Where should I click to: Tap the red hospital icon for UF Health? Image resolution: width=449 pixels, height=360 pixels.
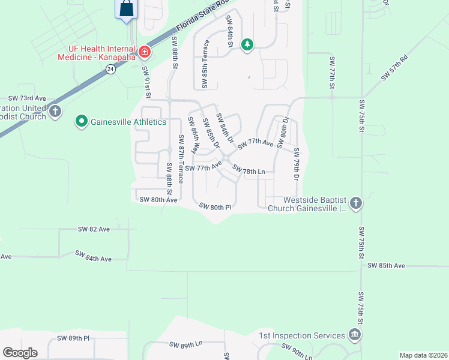[144, 52]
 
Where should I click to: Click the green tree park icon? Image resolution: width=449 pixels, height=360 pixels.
[247, 44]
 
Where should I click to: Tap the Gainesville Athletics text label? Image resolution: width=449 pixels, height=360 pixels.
[128, 122]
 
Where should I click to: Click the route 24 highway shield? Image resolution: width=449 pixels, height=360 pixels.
[110, 69]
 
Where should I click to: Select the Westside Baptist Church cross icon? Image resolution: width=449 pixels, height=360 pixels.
[355, 203]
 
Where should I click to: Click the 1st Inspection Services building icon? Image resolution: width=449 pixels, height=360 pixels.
[355, 335]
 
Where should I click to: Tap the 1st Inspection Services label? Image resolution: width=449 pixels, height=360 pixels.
[302, 336]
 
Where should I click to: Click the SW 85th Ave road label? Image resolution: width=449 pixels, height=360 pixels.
[387, 265]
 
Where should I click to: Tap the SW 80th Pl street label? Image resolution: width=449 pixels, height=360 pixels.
[215, 207]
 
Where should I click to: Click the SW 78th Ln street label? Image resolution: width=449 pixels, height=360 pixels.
[249, 170]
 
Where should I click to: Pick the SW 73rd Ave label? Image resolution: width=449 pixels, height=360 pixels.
[27, 98]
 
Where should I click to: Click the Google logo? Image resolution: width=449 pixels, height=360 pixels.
[20, 353]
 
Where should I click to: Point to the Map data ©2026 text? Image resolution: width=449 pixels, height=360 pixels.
[423, 355]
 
